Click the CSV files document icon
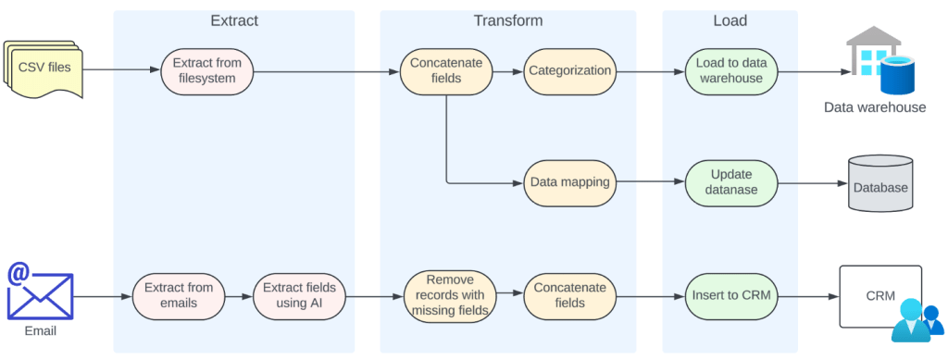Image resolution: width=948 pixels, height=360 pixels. point(43,68)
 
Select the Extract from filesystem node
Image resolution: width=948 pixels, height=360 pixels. point(207,70)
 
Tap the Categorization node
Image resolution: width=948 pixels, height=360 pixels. point(569,70)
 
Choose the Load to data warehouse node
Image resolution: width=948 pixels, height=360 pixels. point(731,70)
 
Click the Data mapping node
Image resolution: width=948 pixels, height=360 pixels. point(569,181)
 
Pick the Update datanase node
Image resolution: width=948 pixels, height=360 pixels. point(731,181)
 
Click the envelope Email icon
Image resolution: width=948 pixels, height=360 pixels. point(40,294)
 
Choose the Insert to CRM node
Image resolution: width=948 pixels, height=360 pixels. point(731,296)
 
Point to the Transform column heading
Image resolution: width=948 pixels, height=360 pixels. point(507,20)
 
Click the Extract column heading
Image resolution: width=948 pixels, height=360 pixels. point(234,20)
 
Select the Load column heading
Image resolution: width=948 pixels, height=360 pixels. point(730,20)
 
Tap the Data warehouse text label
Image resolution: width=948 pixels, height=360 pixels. point(875,107)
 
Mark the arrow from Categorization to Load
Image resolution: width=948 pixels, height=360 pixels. point(648,70)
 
